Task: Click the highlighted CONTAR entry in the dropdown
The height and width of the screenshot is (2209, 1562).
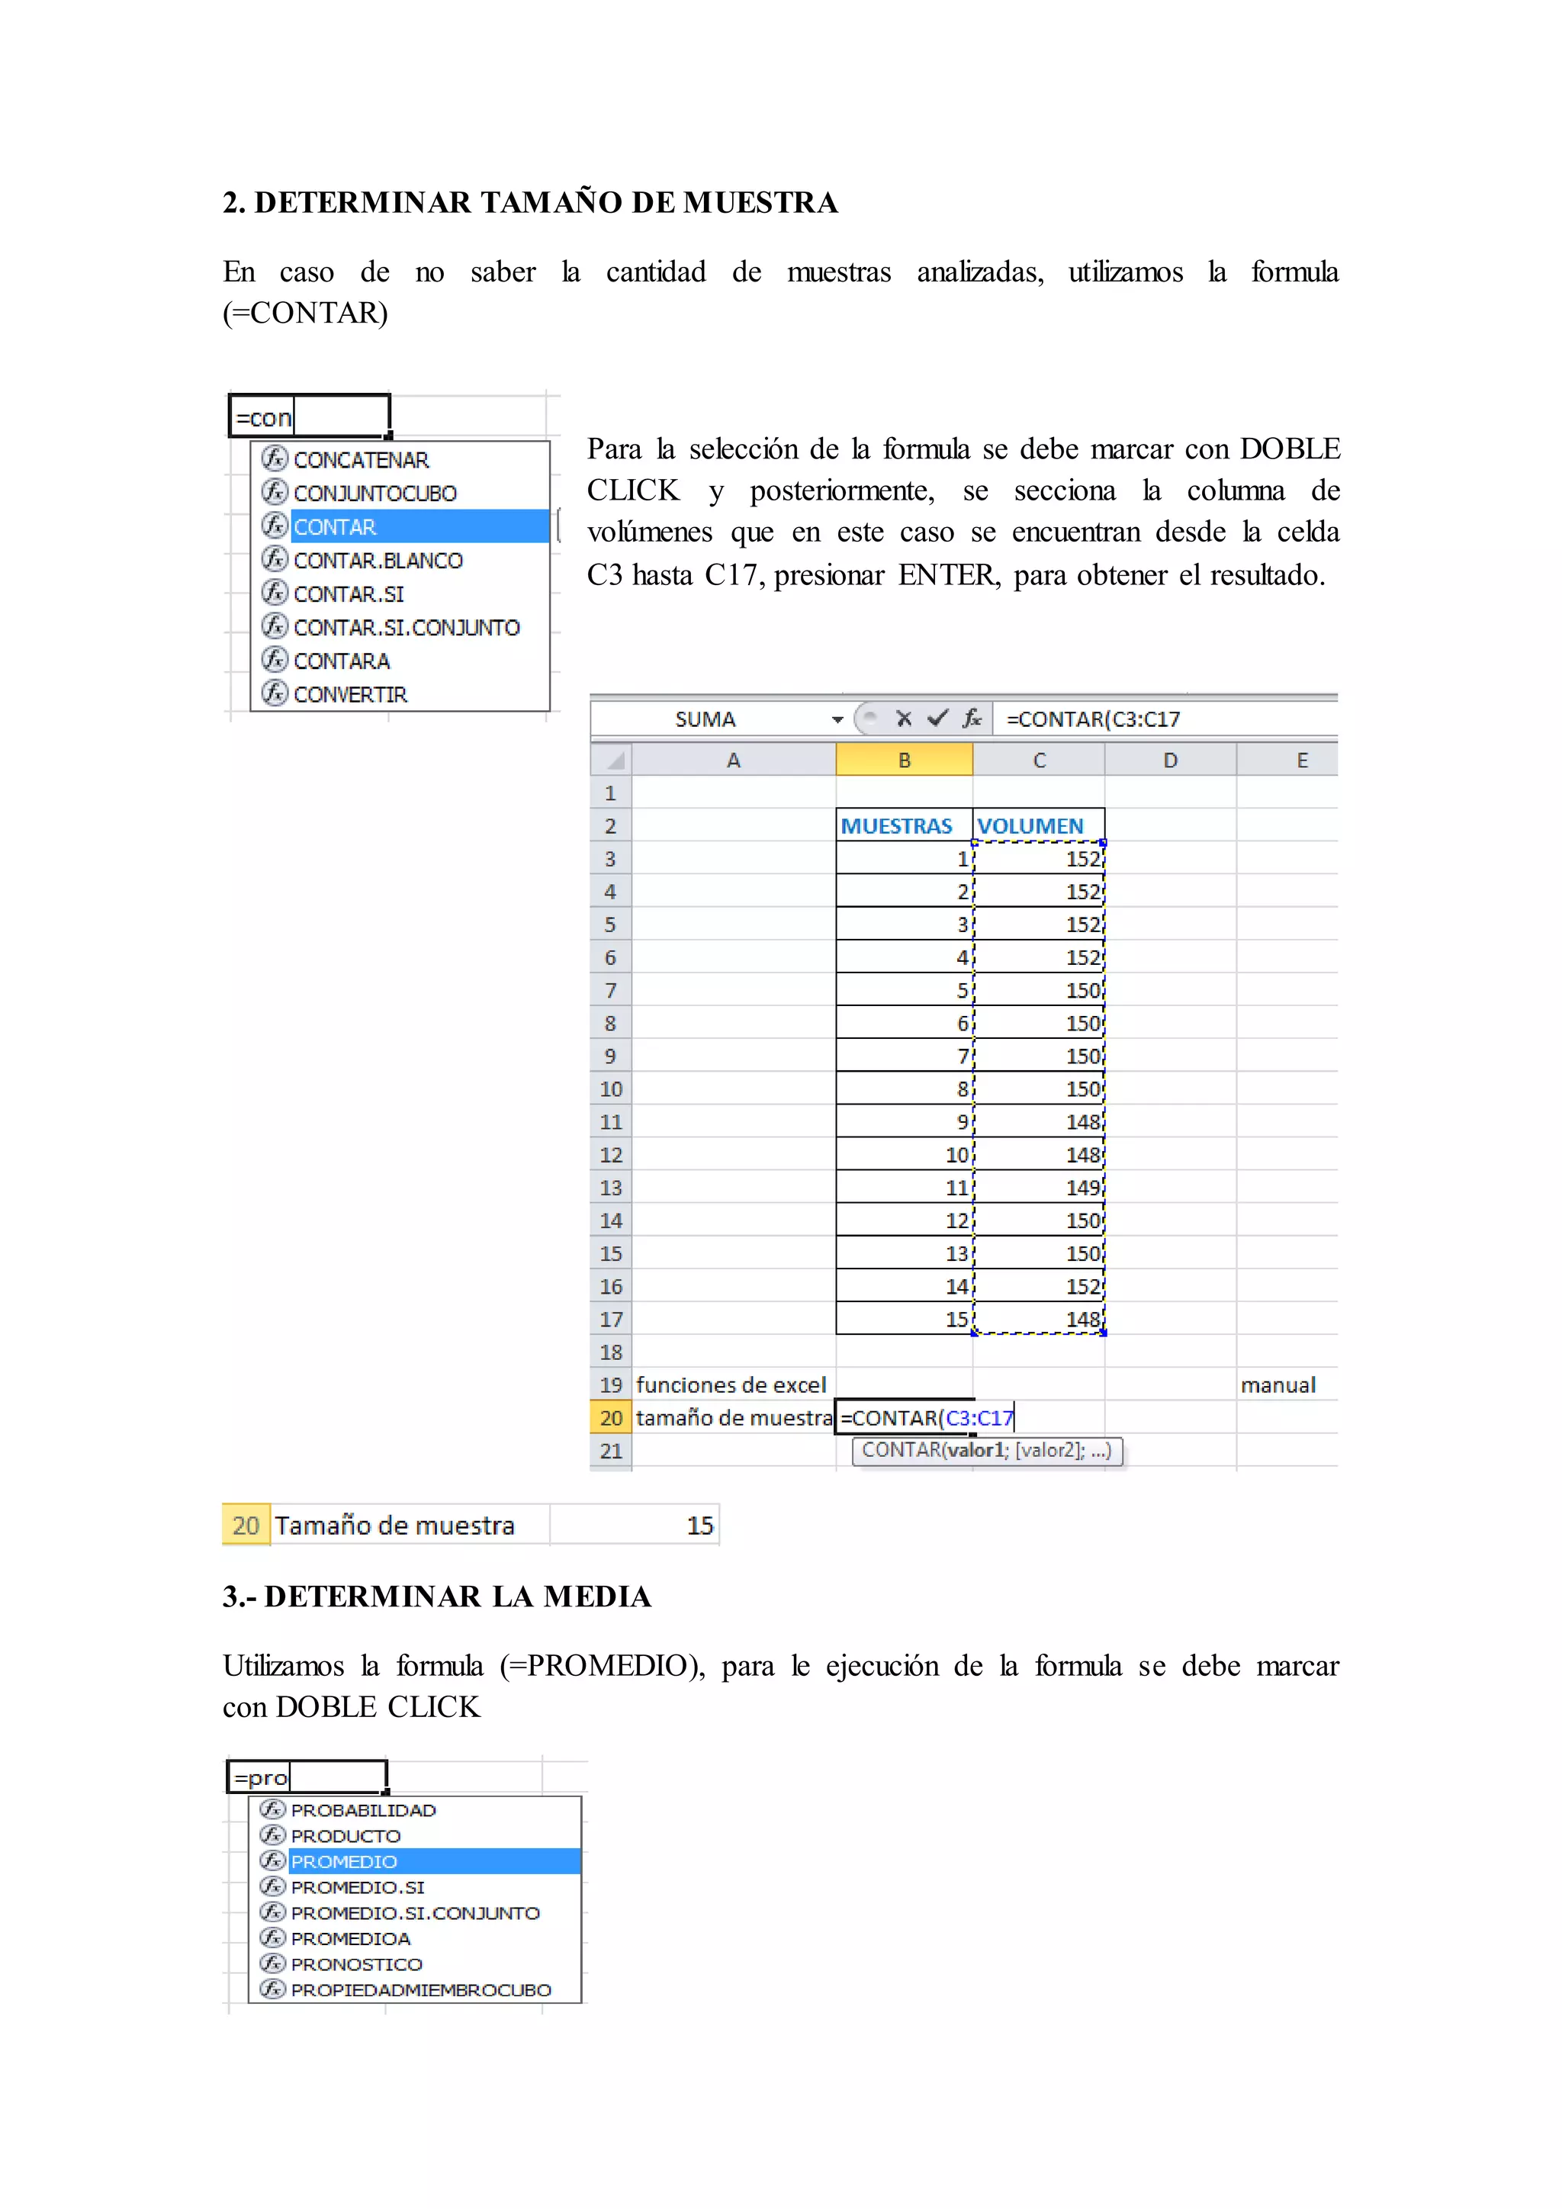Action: coord(335,527)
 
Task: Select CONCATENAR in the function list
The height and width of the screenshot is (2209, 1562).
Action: coord(361,460)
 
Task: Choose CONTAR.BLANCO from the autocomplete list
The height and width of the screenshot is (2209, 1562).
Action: coord(378,561)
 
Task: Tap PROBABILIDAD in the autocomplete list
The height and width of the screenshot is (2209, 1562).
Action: coord(364,1811)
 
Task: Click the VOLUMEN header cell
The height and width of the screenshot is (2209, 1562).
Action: coord(1031,826)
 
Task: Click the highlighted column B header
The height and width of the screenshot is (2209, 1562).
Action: coord(904,760)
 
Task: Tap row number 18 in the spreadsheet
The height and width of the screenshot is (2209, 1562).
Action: coord(611,1352)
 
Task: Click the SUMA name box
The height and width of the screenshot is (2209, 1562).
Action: coord(705,719)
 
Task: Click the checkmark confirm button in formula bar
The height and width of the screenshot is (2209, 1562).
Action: coord(937,719)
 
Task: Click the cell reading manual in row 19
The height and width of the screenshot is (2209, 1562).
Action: coord(1278,1385)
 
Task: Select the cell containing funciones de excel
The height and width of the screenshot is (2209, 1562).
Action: coord(731,1385)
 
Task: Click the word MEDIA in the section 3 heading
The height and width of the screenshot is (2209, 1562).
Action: coord(597,1597)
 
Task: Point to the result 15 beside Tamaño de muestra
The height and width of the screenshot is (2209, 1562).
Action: coord(700,1526)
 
